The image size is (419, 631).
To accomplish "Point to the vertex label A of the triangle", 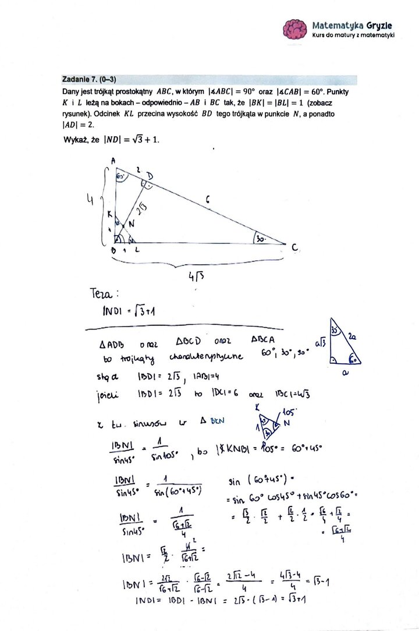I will (113, 161).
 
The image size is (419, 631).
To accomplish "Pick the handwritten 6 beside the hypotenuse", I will (208, 200).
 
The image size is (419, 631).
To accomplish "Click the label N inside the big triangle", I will (132, 224).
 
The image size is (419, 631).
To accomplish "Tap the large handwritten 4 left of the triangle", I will (91, 201).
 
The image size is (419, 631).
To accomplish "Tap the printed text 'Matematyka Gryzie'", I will (352, 25).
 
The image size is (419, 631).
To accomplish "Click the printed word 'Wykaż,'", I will (76, 140).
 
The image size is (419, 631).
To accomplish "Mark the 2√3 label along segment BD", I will (142, 209).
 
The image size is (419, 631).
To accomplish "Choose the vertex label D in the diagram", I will (151, 176).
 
